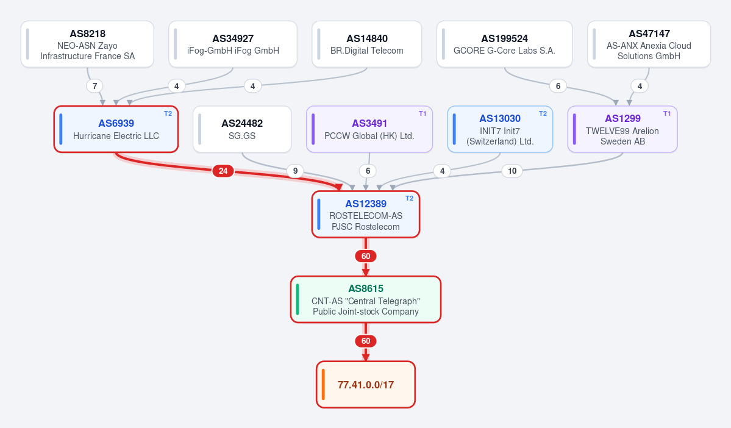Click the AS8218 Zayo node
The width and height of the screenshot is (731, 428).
pos(87,45)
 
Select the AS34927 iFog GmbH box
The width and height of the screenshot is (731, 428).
pos(233,45)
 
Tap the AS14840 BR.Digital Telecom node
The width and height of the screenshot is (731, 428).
pos(367,45)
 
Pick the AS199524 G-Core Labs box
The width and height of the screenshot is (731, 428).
pos(504,45)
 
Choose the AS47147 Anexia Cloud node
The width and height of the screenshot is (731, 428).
pos(649,45)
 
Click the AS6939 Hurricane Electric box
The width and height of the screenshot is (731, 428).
pos(116,129)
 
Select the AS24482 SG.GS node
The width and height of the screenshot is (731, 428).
pos(242,129)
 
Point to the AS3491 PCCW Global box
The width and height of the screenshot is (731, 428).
pos(369,129)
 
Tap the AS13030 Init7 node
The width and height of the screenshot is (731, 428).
pos(500,129)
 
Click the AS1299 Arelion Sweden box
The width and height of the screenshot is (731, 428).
pos(622,129)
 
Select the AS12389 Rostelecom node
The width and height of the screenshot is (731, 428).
pos(366,215)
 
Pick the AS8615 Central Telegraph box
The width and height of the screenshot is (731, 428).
pos(366,299)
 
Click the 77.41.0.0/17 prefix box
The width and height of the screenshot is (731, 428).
pos(366,385)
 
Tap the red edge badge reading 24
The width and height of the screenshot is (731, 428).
pos(223,171)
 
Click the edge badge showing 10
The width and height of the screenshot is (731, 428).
pos(512,171)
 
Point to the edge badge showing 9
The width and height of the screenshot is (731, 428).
pos(295,171)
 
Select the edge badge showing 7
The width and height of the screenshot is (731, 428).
pos(94,86)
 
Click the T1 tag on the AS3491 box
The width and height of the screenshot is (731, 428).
pos(423,113)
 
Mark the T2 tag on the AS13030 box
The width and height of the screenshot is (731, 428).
pos(543,113)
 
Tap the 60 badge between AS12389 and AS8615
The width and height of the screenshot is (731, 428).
pos(366,256)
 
